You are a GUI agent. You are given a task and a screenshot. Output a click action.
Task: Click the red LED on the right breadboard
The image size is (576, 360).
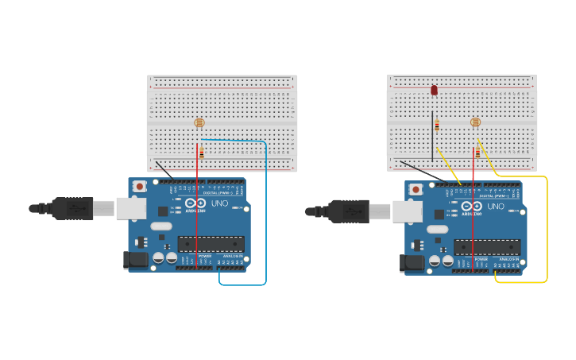[x=434, y=90]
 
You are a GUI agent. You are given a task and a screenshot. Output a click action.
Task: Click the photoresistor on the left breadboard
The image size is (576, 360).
[x=199, y=122]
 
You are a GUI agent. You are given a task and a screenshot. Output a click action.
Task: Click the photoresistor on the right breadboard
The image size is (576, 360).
[x=476, y=122]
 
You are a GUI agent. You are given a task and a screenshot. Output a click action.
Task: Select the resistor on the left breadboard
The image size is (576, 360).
[x=202, y=153]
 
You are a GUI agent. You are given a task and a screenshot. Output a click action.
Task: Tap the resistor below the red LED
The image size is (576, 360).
[x=437, y=125]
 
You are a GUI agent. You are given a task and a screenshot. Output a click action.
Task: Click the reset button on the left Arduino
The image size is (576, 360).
[x=140, y=186]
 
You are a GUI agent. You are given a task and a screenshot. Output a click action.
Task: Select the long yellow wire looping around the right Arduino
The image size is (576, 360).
[x=547, y=230]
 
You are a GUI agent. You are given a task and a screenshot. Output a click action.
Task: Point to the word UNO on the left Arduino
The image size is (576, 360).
[x=219, y=203]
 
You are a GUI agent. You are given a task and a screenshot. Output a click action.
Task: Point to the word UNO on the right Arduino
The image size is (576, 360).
[x=496, y=207]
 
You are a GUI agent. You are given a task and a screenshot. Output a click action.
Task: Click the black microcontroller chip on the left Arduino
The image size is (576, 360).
[x=211, y=244]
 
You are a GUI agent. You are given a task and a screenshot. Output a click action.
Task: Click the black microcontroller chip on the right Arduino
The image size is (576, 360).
[x=487, y=247]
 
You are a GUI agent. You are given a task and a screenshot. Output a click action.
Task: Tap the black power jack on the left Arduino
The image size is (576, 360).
[x=135, y=260]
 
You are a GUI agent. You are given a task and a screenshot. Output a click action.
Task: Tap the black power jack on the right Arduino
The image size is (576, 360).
[x=412, y=263]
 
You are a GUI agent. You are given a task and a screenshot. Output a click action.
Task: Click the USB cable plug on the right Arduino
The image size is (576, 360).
[x=350, y=211]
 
